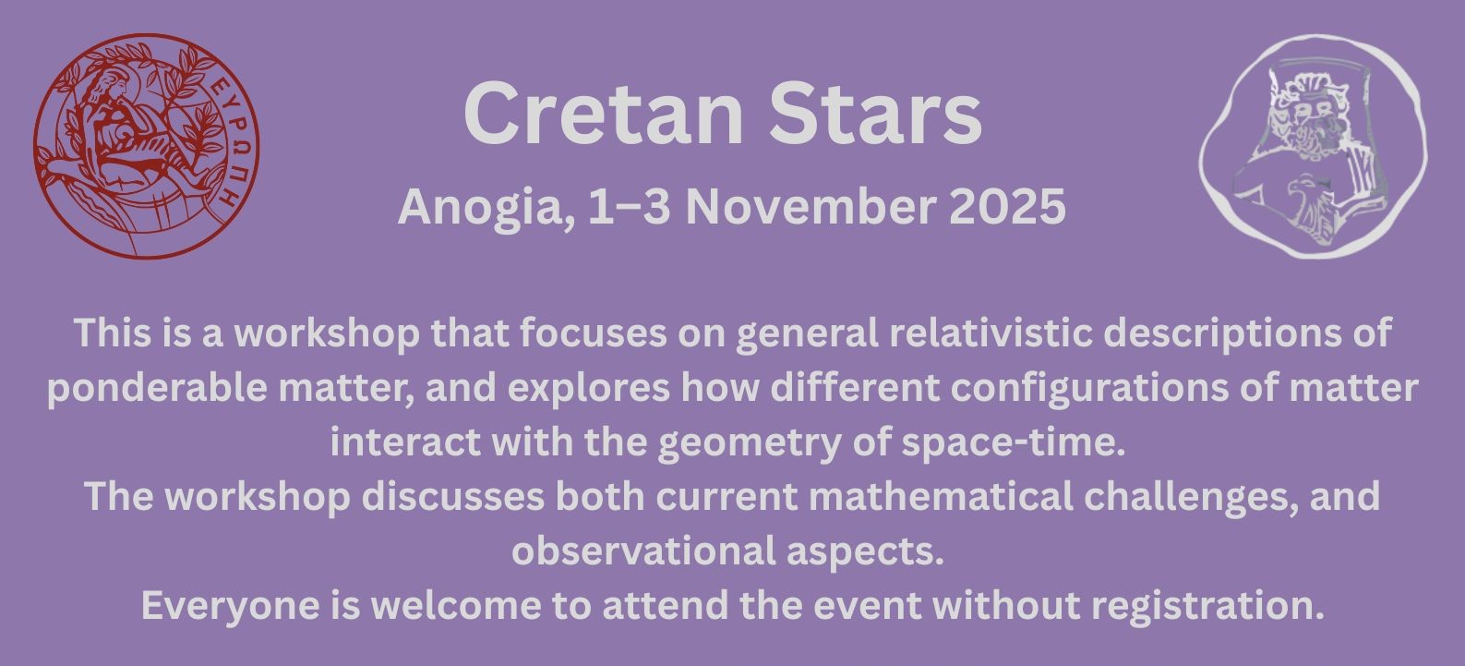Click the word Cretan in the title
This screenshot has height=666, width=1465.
pos(604,114)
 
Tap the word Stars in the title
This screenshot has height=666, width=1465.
pos(876,114)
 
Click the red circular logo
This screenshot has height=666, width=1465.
pos(147,146)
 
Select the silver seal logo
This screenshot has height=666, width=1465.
pos(1314,147)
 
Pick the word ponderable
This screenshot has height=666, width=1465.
pos(157,387)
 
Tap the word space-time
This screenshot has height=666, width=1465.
pos(1013,442)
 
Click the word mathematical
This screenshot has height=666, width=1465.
pos(941,497)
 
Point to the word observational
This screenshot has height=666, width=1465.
pos(643,551)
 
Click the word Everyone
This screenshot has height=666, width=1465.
pos(230,607)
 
